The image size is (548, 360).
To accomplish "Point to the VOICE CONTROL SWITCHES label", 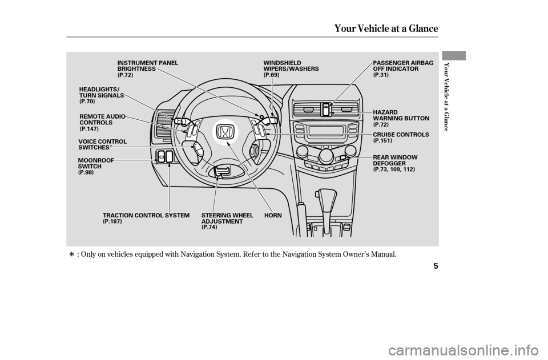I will [103, 144].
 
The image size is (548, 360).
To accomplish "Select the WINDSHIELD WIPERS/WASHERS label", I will [291, 65].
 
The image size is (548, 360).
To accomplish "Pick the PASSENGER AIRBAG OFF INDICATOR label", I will [403, 65].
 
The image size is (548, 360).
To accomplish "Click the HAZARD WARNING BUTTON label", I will [400, 115].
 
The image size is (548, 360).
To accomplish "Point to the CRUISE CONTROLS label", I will [400, 134].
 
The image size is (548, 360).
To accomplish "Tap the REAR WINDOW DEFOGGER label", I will [395, 160].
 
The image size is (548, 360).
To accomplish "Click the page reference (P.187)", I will [112, 221].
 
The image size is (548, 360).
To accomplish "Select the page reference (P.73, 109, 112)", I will [393, 170].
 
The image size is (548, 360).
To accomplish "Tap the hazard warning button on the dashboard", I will [326, 109].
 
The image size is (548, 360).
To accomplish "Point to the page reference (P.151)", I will [382, 140].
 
